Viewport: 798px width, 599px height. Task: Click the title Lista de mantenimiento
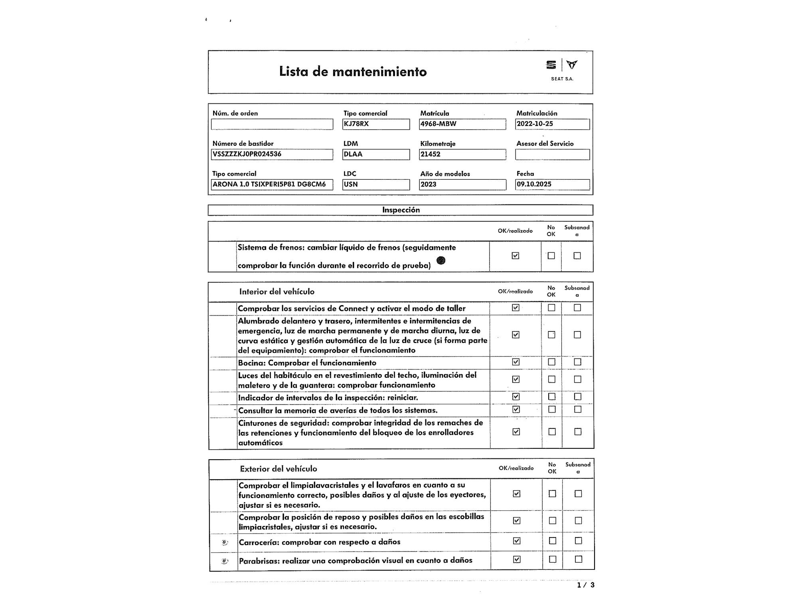353,72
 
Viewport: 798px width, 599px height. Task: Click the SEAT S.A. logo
562,69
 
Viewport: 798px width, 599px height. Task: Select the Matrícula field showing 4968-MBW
462,124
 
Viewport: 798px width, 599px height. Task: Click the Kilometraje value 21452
462,155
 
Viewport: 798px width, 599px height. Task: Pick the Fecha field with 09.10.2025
552,184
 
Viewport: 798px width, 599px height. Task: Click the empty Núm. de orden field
272,124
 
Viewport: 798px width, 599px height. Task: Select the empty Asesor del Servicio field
552,155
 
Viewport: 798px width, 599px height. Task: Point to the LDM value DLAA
376,155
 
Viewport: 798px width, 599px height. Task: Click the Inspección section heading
401,210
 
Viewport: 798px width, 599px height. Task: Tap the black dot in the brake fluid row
441,260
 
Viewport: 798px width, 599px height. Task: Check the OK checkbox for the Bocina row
516,362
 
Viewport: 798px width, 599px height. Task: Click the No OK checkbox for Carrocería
553,541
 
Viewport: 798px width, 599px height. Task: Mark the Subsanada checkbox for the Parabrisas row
579,559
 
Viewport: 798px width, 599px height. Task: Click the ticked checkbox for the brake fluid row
515,256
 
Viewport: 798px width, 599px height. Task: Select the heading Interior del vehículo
277,292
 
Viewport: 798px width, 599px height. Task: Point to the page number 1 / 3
585,585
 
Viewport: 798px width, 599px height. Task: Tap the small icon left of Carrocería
225,542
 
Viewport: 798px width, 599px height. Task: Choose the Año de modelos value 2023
462,184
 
